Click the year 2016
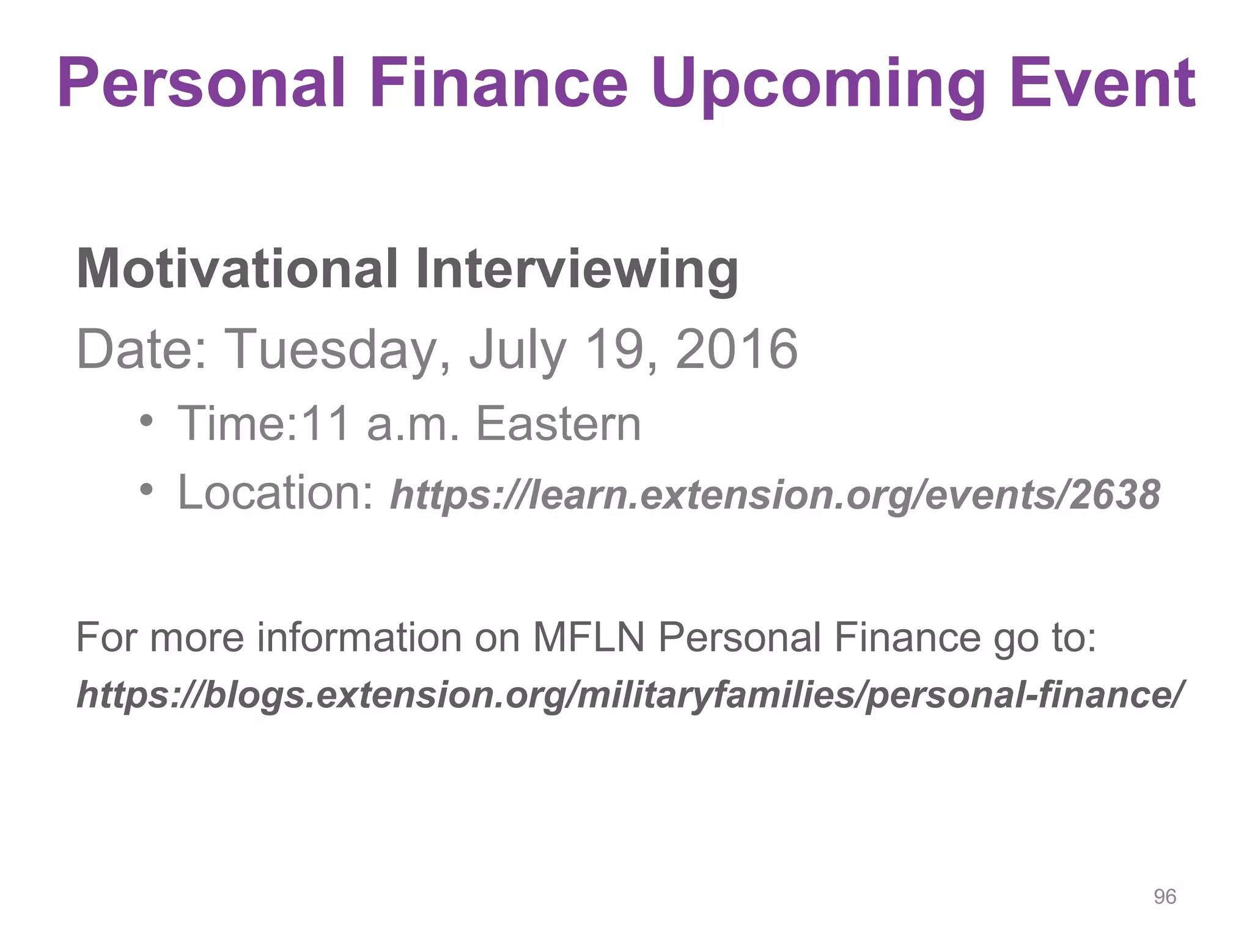point(736,348)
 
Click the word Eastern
point(558,423)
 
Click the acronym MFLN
point(588,637)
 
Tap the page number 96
point(1165,897)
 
